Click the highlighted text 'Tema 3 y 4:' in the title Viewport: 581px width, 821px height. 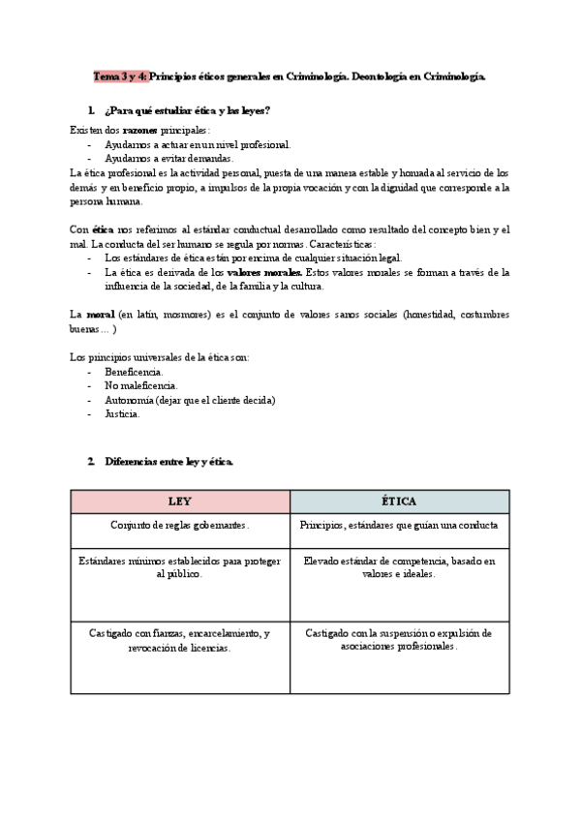click(119, 76)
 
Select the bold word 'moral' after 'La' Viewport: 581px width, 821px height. click(101, 315)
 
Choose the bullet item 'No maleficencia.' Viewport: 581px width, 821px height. click(141, 385)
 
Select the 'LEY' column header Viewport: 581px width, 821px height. click(180, 502)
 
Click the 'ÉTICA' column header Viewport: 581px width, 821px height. click(399, 502)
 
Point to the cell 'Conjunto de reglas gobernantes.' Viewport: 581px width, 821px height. click(180, 526)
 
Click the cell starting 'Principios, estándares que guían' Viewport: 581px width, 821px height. click(399, 526)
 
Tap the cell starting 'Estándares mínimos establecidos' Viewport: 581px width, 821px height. click(180, 567)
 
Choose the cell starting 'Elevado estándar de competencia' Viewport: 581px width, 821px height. click(399, 567)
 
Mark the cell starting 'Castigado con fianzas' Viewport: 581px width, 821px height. click(180, 640)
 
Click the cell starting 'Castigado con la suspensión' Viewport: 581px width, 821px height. click(399, 640)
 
